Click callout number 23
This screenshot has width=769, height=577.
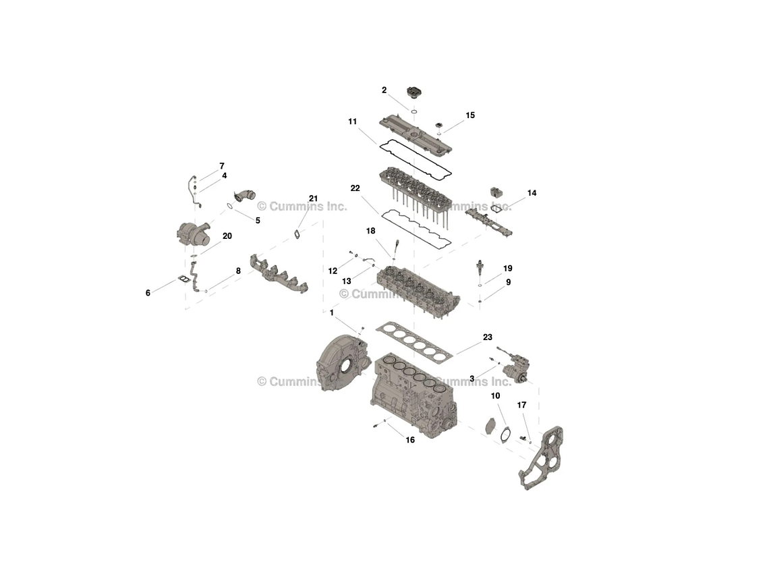[x=487, y=337]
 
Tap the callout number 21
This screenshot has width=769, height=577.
[x=313, y=198]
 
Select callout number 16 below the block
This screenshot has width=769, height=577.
[x=410, y=440]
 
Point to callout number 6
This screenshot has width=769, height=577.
[x=148, y=293]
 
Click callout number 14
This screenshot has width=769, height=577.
[x=532, y=193]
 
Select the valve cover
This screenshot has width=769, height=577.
[x=414, y=134]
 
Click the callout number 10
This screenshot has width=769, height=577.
[x=495, y=396]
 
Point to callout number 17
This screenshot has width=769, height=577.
[x=521, y=405]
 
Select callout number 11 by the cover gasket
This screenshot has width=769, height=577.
[x=352, y=121]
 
